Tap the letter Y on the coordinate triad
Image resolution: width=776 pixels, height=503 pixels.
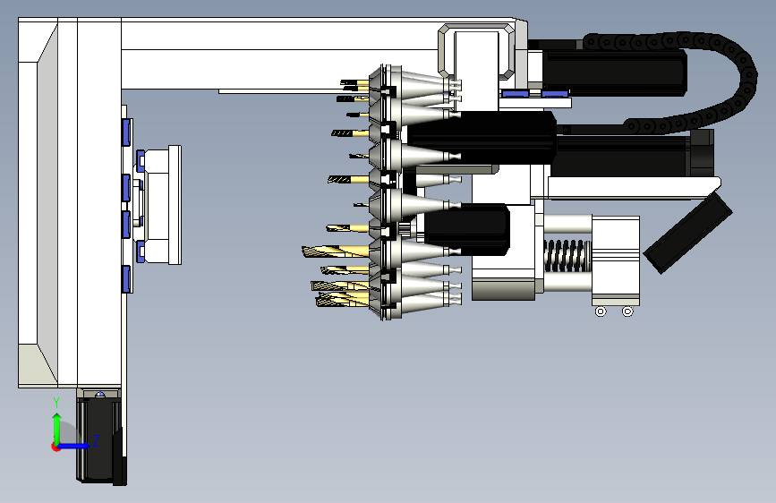(x=56, y=403)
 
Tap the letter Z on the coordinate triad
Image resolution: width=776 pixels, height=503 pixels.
(x=96, y=440)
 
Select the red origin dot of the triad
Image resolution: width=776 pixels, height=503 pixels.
(x=55, y=447)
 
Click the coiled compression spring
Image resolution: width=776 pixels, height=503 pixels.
(x=567, y=256)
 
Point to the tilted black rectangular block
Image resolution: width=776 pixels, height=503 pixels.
(x=688, y=233)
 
